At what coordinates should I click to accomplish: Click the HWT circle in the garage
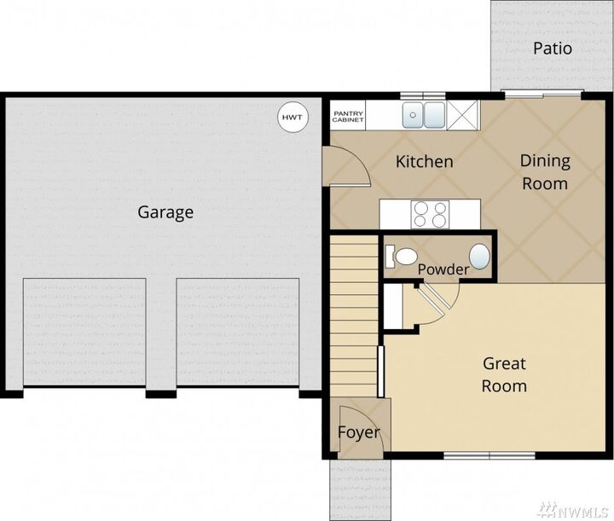[x=292, y=118]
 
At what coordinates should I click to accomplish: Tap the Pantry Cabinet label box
[x=348, y=117]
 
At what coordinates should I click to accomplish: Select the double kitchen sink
[x=424, y=113]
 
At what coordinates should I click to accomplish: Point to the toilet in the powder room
[x=401, y=255]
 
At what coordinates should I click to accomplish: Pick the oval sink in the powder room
[x=481, y=255]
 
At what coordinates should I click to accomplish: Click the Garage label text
[x=165, y=212]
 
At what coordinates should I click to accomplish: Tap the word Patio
[x=552, y=49]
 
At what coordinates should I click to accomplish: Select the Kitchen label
[x=424, y=161]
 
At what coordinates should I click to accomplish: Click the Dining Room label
[x=545, y=171]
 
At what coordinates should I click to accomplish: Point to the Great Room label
[x=504, y=374]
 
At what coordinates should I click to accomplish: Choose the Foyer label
[x=357, y=432]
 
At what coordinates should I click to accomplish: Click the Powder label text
[x=443, y=269]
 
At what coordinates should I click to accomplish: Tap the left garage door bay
[x=84, y=333]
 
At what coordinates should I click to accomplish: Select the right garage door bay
[x=238, y=333]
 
